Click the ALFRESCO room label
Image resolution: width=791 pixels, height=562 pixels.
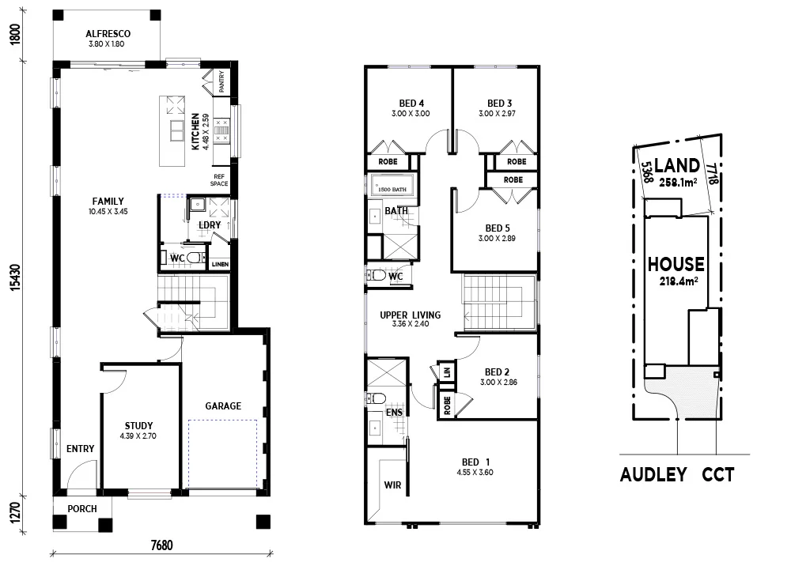108,34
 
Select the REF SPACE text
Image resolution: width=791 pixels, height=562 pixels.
219,179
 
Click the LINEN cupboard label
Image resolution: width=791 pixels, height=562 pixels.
219,264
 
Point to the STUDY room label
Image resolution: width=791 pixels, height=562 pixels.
138,425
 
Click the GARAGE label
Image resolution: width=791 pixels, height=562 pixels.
223,405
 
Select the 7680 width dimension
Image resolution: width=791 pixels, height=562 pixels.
161,544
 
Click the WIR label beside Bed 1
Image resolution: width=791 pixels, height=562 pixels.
392,485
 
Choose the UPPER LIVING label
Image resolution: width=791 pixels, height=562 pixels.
410,315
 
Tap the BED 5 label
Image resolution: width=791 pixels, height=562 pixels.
497,227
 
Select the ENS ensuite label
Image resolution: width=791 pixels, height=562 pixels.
392,412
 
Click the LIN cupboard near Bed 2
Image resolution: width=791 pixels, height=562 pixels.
446,371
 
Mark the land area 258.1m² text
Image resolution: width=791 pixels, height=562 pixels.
676,183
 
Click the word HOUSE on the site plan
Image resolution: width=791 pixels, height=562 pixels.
676,263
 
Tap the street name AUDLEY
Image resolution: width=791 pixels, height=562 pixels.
654,475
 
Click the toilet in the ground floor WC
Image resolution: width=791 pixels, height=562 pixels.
195,258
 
